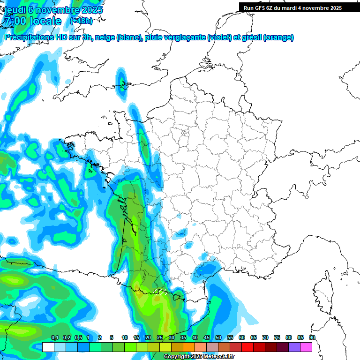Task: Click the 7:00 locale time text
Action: [32, 21]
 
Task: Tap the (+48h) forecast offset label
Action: [81, 21]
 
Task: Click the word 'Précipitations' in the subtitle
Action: [29, 37]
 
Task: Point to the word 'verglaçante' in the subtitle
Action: [184, 37]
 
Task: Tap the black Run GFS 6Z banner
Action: [299, 7]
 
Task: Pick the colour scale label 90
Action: [312, 337]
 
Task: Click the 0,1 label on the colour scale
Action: [54, 337]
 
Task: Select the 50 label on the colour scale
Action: [218, 337]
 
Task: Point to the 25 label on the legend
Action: [160, 337]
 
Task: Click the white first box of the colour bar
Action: [48, 347]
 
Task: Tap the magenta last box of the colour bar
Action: [306, 347]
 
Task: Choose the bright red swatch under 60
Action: [247, 347]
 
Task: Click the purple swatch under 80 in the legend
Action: [294, 347]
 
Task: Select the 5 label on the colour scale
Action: [112, 337]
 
